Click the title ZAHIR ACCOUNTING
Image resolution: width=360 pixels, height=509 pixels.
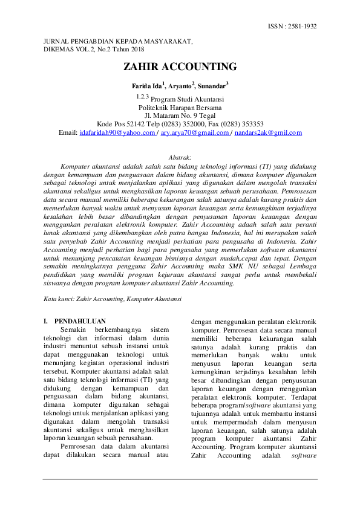(180, 67)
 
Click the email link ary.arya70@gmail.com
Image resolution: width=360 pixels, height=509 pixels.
(195, 132)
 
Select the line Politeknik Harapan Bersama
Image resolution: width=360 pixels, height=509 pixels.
(180, 108)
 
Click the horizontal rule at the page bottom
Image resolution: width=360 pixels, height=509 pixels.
(180, 479)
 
